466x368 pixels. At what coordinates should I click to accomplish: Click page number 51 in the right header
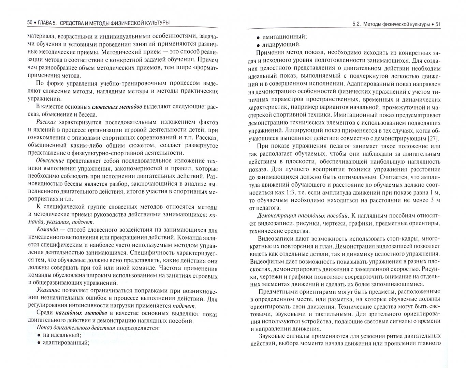437,24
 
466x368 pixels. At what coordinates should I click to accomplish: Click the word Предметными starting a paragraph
277,292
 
